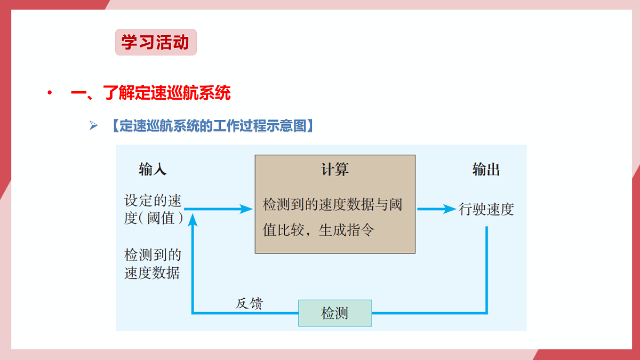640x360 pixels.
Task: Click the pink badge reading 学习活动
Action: [x=156, y=42]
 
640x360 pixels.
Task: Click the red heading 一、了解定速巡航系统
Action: [x=150, y=93]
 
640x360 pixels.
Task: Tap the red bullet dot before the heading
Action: [x=50, y=92]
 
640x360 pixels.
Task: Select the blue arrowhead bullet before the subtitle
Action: [x=93, y=125]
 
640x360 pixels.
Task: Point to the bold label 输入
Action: [x=153, y=169]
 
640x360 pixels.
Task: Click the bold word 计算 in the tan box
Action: [x=335, y=169]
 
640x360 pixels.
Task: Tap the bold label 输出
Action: [x=486, y=169]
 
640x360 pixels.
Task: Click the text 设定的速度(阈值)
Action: [x=154, y=209]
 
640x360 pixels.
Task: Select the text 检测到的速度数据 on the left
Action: [x=153, y=263]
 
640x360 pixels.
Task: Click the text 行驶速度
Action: [x=486, y=209]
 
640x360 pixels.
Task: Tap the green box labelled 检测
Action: [x=335, y=313]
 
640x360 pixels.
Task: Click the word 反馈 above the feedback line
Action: [x=249, y=303]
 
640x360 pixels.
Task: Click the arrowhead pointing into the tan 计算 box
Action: [x=246, y=209]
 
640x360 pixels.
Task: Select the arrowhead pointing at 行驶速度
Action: [x=450, y=209]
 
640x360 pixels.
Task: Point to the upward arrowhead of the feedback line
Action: [x=193, y=220]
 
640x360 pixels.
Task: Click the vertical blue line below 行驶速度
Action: [x=486, y=270]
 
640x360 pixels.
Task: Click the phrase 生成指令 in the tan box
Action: [x=346, y=230]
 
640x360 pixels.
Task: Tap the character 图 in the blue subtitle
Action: [x=300, y=126]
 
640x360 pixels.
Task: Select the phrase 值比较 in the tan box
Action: [x=283, y=230]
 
